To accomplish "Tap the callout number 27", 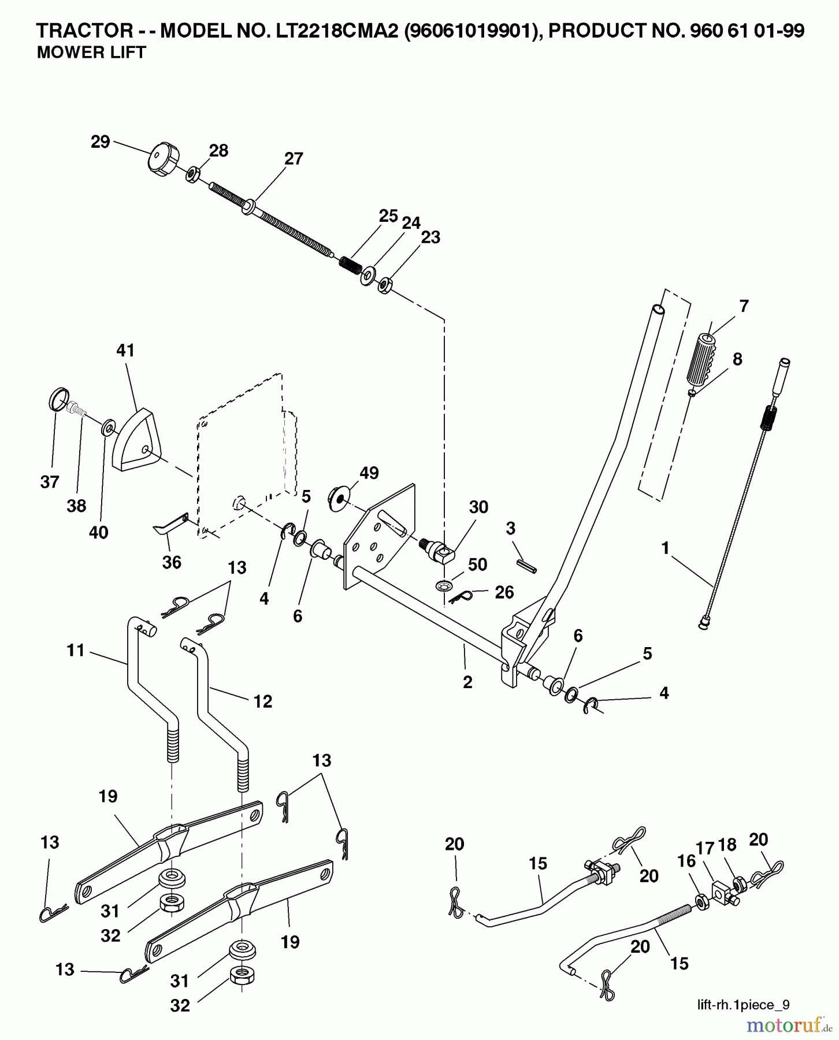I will (x=294, y=158).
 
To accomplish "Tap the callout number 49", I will (x=369, y=473).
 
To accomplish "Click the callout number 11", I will (x=76, y=651).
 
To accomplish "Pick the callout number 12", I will (x=262, y=701).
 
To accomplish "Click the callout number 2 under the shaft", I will (x=467, y=682).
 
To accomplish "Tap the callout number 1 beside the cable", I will (x=665, y=548).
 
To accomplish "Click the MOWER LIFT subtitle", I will (x=91, y=53).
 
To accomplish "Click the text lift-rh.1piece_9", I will (x=743, y=1004).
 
